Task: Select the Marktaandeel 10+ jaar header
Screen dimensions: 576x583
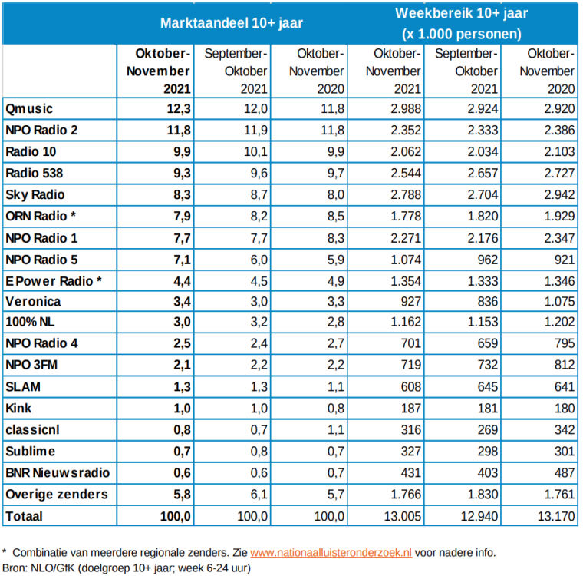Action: coord(231,22)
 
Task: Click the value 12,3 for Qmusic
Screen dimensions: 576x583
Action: coord(176,108)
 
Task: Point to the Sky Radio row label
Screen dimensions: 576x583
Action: coord(35,195)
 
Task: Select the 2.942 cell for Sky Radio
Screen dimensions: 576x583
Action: coord(556,195)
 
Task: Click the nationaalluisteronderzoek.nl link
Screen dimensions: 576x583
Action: coord(331,552)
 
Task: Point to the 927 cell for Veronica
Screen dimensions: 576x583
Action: coord(410,303)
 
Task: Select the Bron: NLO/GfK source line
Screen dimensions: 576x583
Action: coord(127,568)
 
